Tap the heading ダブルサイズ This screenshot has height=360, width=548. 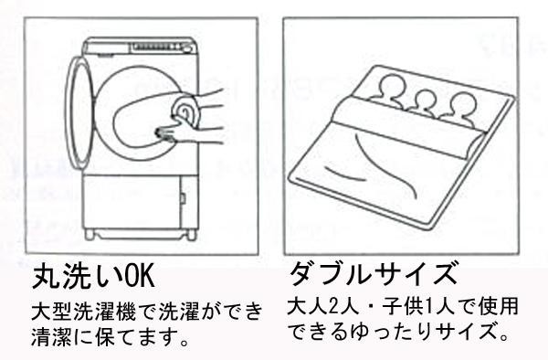click(374, 274)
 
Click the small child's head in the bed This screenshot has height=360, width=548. click(425, 100)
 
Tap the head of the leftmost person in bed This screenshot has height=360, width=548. click(392, 86)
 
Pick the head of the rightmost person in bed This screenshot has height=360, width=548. click(462, 104)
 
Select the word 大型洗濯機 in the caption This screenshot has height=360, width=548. click(83, 311)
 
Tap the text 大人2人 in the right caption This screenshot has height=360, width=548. click(324, 306)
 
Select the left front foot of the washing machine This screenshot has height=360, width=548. click(90, 234)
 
